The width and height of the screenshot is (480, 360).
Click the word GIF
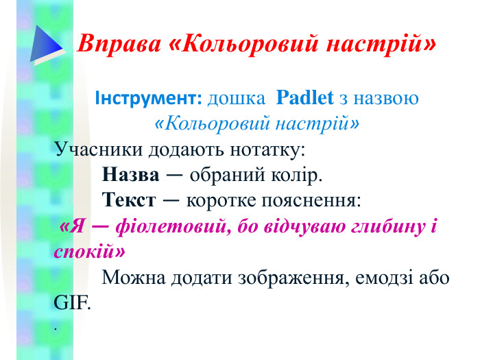point(71,302)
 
